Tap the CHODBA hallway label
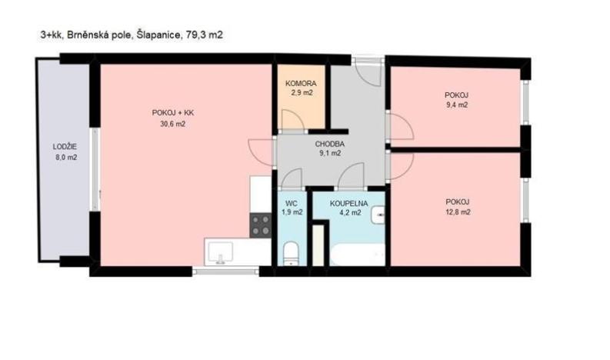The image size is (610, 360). [329, 144]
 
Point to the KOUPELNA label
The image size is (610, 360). [348, 204]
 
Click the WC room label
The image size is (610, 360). [290, 204]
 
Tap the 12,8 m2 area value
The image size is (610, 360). [458, 212]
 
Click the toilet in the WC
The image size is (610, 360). [291, 253]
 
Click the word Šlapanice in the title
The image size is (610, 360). [158, 35]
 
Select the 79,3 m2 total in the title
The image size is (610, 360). [205, 35]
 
